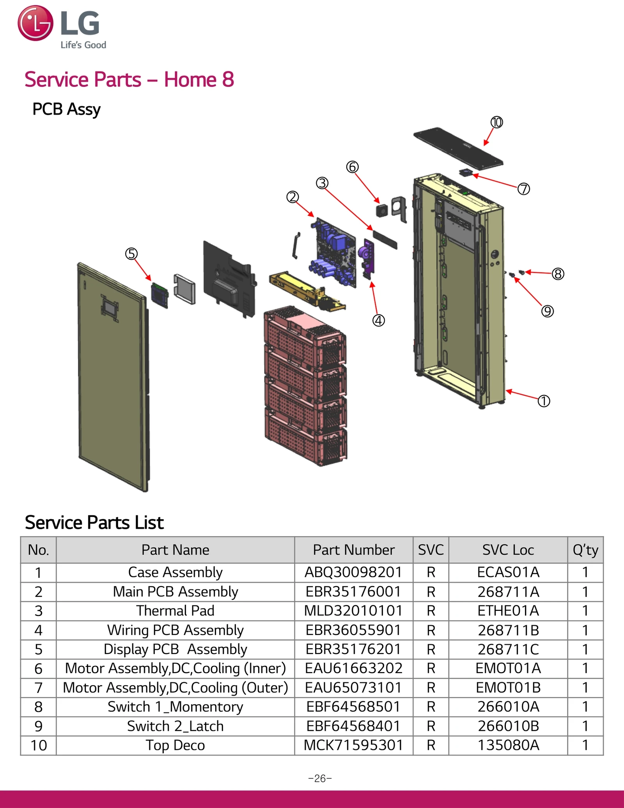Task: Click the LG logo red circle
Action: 35,23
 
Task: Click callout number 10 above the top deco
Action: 496,122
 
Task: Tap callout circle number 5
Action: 131,254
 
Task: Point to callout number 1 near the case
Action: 544,401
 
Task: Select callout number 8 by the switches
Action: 558,274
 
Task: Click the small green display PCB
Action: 160,295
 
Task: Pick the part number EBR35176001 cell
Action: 353,591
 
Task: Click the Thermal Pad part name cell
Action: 175,610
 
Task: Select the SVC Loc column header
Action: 508,550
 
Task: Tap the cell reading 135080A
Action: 508,745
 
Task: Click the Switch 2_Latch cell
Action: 175,726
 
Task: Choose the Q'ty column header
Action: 585,550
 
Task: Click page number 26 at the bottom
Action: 320,778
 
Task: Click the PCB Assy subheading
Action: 66,109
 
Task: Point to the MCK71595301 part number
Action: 353,745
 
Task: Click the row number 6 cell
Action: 38,669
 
